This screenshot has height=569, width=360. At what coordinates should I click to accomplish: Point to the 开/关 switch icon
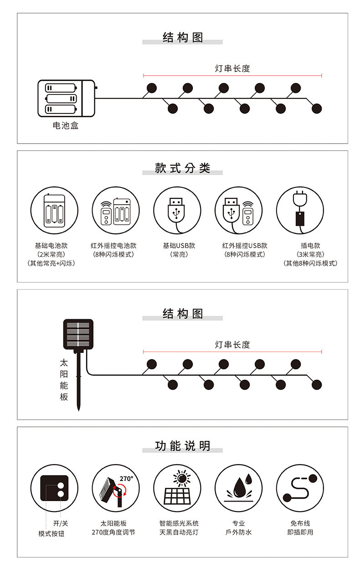[54, 488]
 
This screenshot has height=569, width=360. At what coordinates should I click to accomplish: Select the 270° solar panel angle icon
[116, 488]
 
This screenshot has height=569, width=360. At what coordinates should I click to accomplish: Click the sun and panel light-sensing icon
[177, 488]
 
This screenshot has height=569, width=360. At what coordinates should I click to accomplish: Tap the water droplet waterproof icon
[238, 488]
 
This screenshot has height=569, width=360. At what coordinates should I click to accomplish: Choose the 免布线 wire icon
[300, 488]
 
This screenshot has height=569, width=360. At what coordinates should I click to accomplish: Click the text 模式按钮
[51, 533]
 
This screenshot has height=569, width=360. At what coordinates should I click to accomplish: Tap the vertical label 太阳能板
[64, 380]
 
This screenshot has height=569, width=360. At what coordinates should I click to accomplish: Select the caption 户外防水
[238, 532]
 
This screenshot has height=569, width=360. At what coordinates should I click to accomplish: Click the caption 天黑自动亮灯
[179, 532]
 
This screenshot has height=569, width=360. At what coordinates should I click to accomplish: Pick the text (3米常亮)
[310, 254]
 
